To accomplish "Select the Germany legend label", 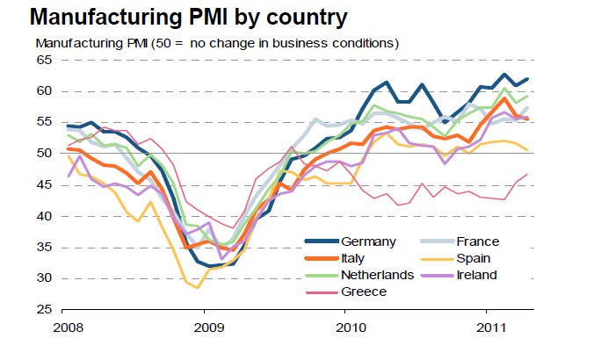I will tap(370, 242).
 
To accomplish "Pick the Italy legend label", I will tap(357, 258).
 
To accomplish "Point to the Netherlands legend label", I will tap(379, 275).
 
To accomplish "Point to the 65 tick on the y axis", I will tap(45, 60).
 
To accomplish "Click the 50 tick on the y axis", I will tap(45, 154).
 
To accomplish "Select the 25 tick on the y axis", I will tap(45, 310).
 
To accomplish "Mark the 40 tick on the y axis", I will tap(45, 216).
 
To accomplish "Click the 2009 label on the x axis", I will tap(204, 328).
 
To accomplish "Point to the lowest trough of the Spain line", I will tap(198, 287).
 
